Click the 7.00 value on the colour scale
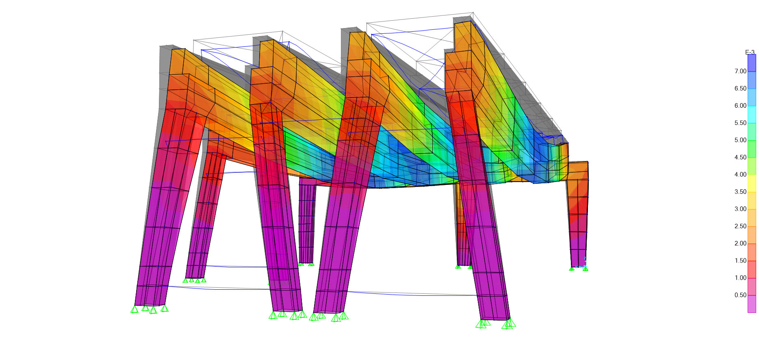point(740,71)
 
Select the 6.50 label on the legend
point(740,89)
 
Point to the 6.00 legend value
point(740,106)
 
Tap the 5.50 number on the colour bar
point(740,123)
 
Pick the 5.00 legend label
point(740,140)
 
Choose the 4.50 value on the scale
point(740,157)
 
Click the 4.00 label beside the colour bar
point(740,175)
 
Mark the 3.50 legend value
point(740,192)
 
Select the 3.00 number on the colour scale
point(740,209)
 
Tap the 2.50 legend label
point(740,226)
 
